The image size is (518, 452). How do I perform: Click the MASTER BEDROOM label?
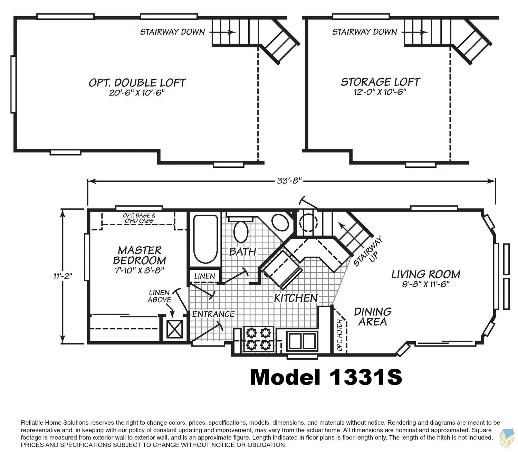(x=140, y=255)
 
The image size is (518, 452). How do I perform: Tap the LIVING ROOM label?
(x=425, y=274)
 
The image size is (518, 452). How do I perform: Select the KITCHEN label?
(x=296, y=298)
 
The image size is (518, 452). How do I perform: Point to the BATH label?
(x=242, y=252)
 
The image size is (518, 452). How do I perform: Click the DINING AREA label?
(x=373, y=317)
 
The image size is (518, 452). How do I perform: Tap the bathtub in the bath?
(x=205, y=239)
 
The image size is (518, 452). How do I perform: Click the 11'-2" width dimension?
(x=63, y=276)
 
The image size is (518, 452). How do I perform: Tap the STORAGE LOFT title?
(x=380, y=82)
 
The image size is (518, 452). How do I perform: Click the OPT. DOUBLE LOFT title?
(x=137, y=83)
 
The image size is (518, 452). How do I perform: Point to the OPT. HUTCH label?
(x=340, y=335)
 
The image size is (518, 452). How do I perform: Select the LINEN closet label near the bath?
(x=204, y=276)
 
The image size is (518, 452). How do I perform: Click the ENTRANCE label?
(x=213, y=314)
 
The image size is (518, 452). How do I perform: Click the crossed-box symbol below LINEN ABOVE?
(x=174, y=329)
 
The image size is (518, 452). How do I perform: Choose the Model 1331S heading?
(x=326, y=377)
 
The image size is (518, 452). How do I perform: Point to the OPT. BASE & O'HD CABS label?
(x=139, y=218)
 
